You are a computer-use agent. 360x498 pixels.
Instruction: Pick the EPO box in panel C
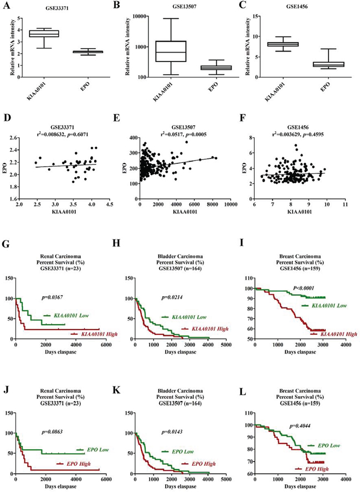[322, 64]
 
